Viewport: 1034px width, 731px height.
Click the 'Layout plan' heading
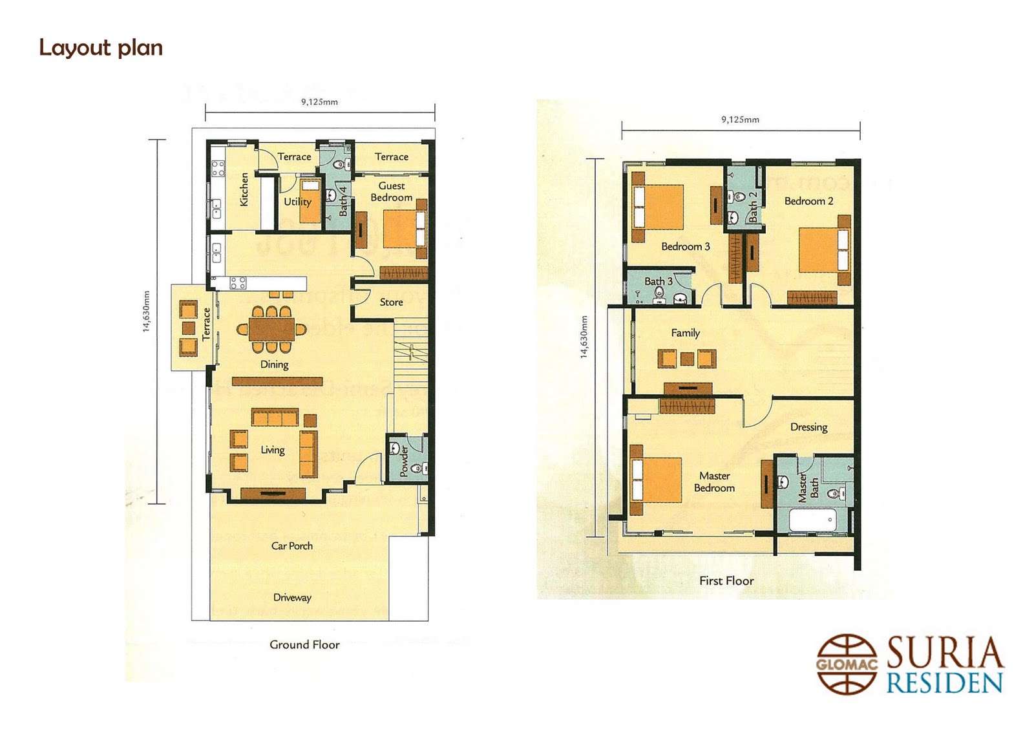[101, 48]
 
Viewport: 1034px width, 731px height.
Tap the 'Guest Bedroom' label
[392, 192]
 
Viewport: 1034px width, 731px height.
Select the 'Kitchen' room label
[244, 189]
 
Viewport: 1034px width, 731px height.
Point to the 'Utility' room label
[297, 202]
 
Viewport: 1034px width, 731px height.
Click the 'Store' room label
[391, 302]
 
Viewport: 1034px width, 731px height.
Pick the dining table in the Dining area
[271, 329]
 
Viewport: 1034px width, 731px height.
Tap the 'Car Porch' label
[291, 546]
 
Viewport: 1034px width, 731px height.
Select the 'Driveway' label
[292, 597]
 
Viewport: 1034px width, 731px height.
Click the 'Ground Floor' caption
[304, 644]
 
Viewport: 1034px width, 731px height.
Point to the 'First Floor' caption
[726, 581]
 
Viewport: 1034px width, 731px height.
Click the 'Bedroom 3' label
[685, 246]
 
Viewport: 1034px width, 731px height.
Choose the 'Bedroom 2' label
[808, 201]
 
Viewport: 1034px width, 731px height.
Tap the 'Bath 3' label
[659, 281]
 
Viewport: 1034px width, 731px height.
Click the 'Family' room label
[685, 333]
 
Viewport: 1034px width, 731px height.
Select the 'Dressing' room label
[808, 427]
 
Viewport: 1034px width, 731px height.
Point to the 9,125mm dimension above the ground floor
[319, 102]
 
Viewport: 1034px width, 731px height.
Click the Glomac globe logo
[847, 664]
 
